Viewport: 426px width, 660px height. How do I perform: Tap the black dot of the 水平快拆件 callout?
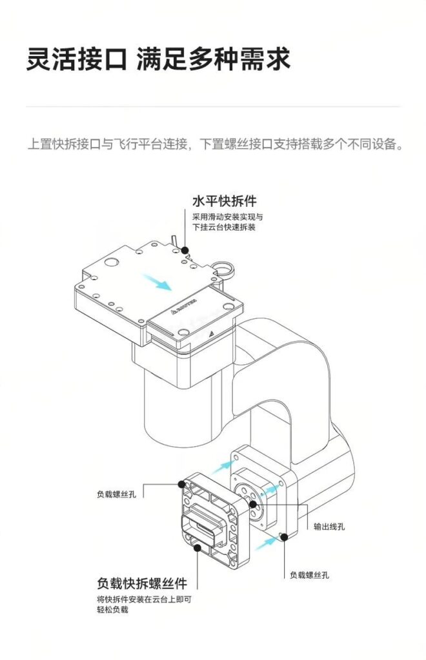[185, 249]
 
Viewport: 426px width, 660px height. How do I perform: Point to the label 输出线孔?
[329, 527]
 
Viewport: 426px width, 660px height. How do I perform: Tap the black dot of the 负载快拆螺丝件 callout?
[197, 548]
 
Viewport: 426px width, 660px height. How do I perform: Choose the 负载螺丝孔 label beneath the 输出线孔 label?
[309, 575]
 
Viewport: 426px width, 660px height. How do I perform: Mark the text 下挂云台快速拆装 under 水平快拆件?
[224, 228]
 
